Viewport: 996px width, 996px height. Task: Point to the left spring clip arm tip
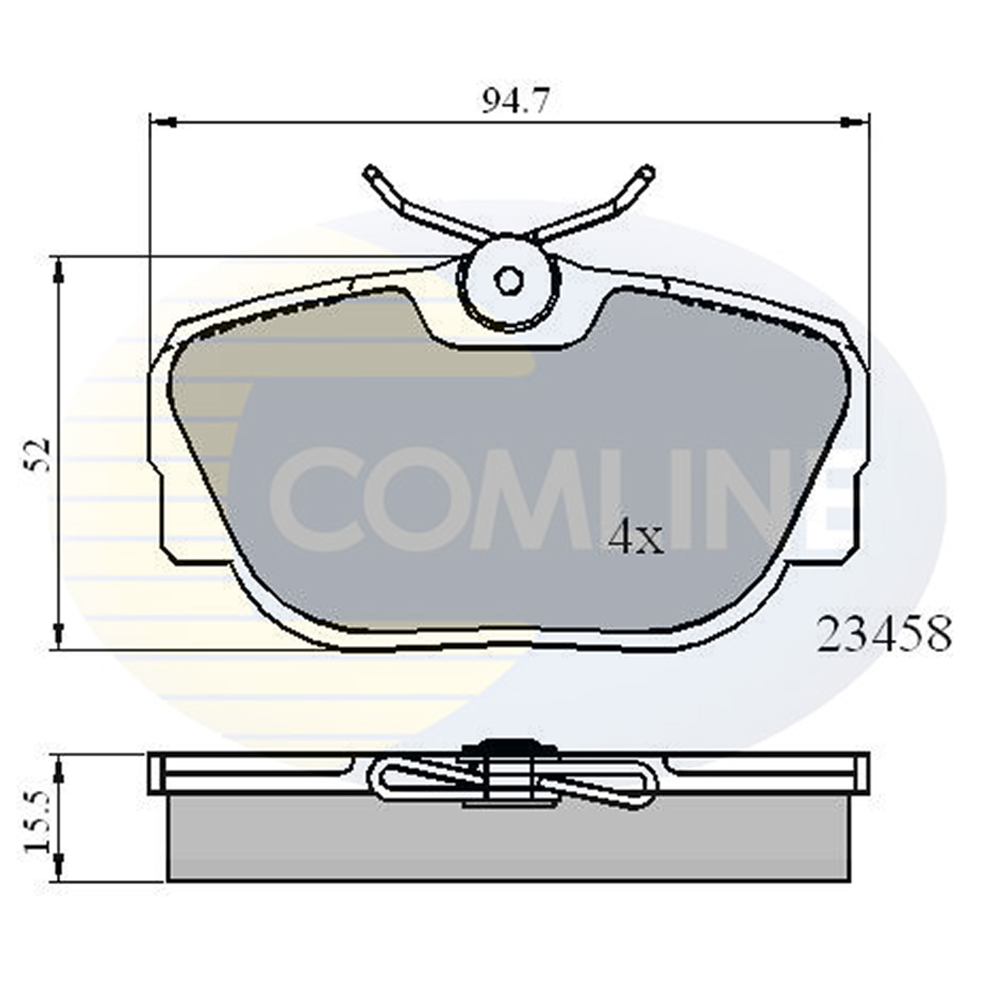371,172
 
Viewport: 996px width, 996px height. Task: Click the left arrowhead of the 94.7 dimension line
165,122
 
